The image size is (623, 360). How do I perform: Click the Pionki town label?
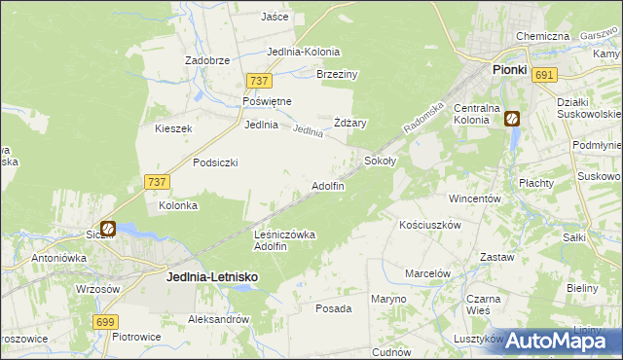pos(509,70)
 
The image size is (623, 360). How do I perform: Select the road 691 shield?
pos(545,75)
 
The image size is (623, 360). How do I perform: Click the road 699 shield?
pos(107,321)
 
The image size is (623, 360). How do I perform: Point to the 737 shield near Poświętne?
pos(258,83)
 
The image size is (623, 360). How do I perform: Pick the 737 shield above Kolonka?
pos(157,182)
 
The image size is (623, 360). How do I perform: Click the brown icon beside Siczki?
pos(108,231)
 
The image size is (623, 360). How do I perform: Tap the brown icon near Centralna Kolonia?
pos(511,120)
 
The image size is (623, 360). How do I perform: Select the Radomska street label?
pos(424,121)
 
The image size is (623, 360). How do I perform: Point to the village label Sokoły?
pos(381,161)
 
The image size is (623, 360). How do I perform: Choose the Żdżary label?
pos(350,123)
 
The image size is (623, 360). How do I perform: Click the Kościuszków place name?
pos(429,224)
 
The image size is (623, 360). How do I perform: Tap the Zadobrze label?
pos(207,59)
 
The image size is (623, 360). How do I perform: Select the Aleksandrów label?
pos(220,319)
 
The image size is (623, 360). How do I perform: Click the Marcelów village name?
pos(427,273)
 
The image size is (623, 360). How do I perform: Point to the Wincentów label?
pos(474,198)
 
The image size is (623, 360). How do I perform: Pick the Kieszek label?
pos(174,128)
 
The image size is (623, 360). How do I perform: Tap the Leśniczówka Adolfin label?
pos(284,239)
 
